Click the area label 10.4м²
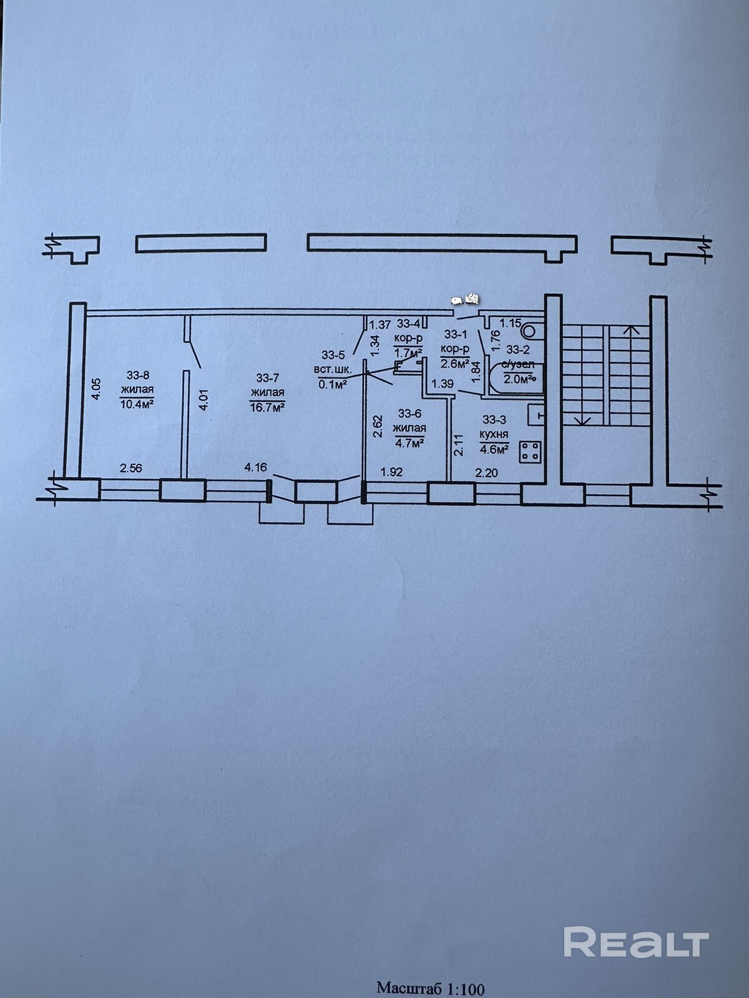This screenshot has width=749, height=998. point(137,404)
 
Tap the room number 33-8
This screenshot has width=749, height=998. point(137,375)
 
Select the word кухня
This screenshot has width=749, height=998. point(494,434)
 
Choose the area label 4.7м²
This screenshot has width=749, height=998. point(409,442)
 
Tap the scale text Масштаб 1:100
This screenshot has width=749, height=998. point(430,988)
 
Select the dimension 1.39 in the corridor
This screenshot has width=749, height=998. point(442,384)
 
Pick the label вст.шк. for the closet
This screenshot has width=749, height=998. point(335,369)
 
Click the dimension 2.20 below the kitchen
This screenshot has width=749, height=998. point(486,473)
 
